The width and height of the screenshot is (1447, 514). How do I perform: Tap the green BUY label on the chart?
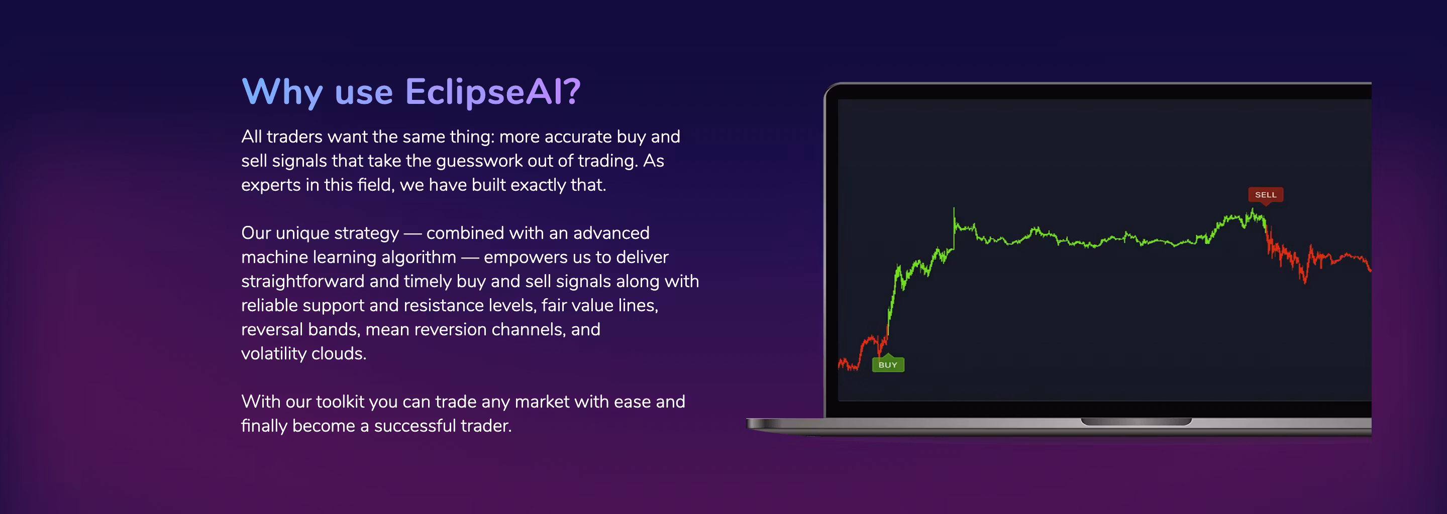887,364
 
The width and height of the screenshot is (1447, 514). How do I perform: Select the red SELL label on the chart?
1266,195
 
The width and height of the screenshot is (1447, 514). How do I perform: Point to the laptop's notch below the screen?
1136,422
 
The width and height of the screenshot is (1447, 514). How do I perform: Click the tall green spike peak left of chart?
953,209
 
